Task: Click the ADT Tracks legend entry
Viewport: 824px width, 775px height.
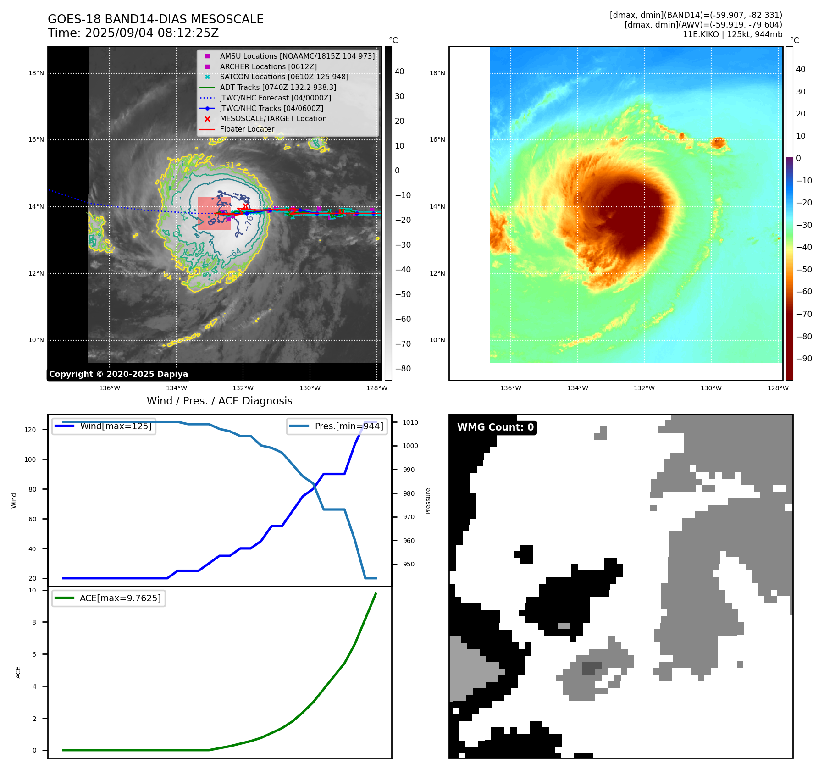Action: pyautogui.click(x=278, y=87)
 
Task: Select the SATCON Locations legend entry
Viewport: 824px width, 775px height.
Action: pyautogui.click(x=284, y=77)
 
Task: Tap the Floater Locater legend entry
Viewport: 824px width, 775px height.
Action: pyautogui.click(x=247, y=129)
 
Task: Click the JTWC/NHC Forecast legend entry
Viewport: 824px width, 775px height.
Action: pyautogui.click(x=275, y=98)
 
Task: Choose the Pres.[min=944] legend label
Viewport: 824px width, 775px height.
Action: pyautogui.click(x=349, y=426)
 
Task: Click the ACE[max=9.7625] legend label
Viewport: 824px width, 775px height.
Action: pyautogui.click(x=120, y=598)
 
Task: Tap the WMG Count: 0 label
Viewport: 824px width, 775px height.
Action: pyautogui.click(x=495, y=427)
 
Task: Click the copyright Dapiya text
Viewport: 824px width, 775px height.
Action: pyautogui.click(x=118, y=374)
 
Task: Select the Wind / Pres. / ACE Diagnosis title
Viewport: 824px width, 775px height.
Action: pyautogui.click(x=219, y=401)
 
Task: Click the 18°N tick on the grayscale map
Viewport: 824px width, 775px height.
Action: pyautogui.click(x=36, y=73)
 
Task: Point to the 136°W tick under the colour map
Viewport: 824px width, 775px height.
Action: pyautogui.click(x=510, y=388)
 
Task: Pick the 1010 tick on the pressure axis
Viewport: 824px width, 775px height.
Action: pyautogui.click(x=410, y=422)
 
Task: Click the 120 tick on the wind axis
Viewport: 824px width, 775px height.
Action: pyautogui.click(x=30, y=430)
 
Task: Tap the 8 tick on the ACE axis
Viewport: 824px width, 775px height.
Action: pyautogui.click(x=34, y=622)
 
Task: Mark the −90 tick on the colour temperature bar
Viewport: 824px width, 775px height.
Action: pyautogui.click(x=804, y=359)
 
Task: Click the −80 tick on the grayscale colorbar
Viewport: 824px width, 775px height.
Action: pyautogui.click(x=403, y=369)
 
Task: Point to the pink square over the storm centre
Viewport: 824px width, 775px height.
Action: pyautogui.click(x=214, y=213)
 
